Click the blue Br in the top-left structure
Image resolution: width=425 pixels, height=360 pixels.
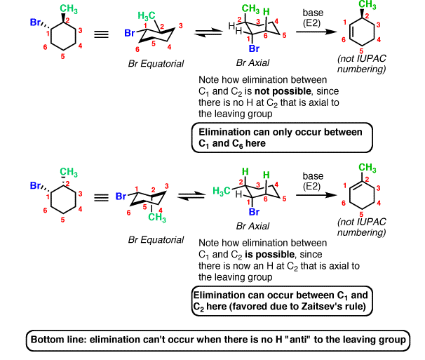click(35, 22)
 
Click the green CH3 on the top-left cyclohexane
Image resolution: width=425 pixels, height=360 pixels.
click(69, 8)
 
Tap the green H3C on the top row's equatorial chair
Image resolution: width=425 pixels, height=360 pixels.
click(147, 15)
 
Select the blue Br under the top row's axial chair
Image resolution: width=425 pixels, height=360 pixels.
click(254, 48)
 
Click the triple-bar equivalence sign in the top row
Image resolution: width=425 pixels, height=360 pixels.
click(101, 34)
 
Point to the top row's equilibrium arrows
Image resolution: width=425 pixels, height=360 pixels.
click(208, 32)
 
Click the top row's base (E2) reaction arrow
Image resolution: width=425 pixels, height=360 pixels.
click(316, 32)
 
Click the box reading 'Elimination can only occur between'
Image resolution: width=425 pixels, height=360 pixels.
click(282, 138)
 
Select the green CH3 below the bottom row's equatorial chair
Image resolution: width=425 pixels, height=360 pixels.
click(157, 218)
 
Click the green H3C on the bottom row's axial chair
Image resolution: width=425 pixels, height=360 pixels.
click(222, 191)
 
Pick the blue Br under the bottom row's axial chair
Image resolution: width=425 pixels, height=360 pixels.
click(254, 212)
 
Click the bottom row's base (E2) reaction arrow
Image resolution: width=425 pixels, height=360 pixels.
click(316, 195)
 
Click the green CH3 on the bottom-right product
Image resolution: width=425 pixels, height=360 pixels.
click(367, 168)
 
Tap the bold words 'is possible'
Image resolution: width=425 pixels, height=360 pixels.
click(269, 255)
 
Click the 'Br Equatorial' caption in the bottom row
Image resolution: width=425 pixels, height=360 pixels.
click(156, 240)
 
